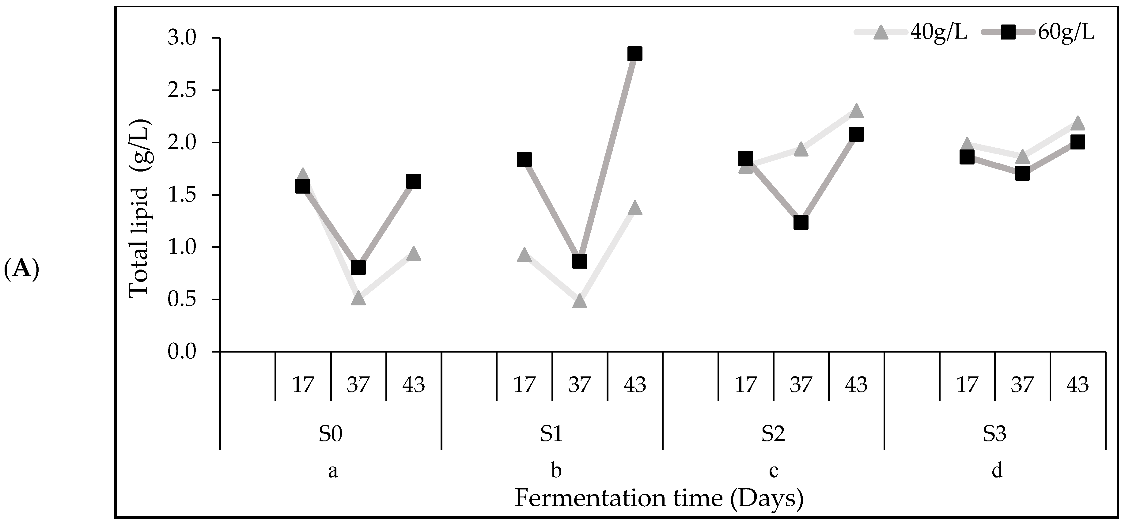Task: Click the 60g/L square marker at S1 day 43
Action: (634, 54)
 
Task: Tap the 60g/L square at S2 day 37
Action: (801, 223)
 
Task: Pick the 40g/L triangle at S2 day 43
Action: (856, 111)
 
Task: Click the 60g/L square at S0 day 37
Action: (358, 267)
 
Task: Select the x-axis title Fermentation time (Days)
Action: (659, 498)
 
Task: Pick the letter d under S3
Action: (997, 471)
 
